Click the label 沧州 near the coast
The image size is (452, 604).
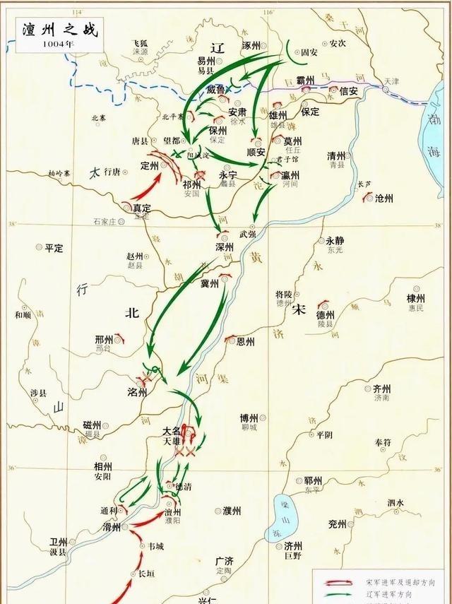tap(383, 199)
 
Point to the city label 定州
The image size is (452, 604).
tap(150, 166)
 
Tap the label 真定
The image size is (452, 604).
tap(141, 208)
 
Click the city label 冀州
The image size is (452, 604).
tap(210, 283)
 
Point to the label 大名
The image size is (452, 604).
tap(172, 430)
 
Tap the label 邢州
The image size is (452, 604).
tap(104, 340)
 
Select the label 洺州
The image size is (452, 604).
tap(136, 392)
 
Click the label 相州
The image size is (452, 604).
tap(103, 467)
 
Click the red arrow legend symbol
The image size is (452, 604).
tap(335, 581)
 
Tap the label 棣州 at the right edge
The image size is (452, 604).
tap(415, 299)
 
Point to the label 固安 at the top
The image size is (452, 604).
tap(310, 52)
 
